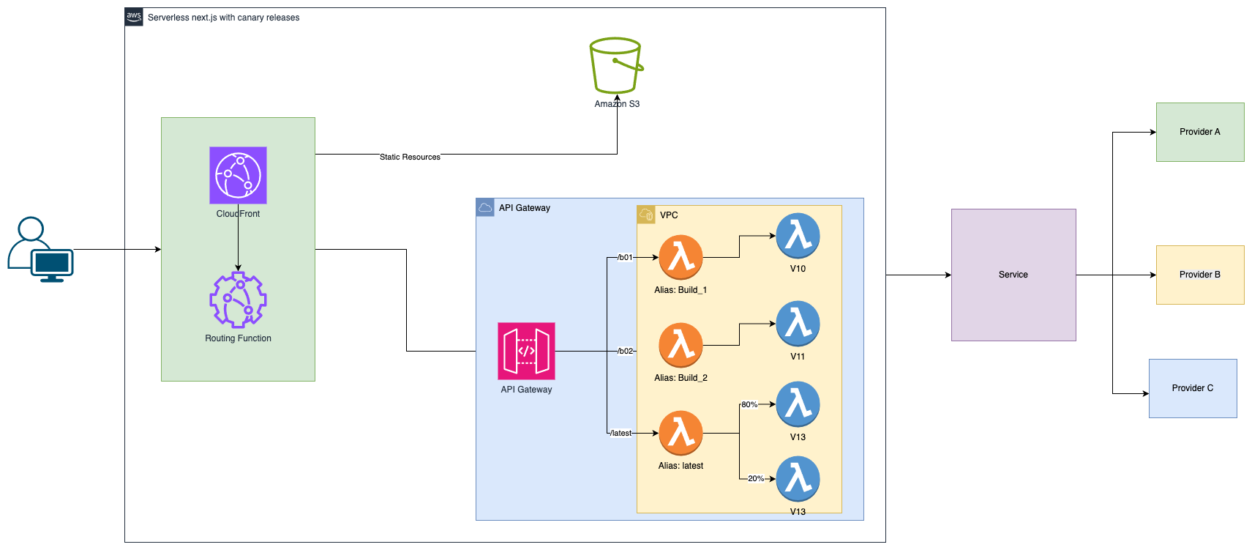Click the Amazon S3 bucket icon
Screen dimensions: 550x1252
616,66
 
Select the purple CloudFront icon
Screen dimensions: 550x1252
238,175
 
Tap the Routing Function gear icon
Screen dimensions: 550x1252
238,300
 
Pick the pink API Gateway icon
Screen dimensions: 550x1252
526,351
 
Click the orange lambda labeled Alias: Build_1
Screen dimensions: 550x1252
681,257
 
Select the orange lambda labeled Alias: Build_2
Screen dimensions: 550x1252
681,345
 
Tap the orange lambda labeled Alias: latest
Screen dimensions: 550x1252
681,433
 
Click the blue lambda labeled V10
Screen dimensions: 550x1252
798,236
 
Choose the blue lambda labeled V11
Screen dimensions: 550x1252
798,324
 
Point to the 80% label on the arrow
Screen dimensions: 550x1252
749,404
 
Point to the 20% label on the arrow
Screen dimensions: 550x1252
756,478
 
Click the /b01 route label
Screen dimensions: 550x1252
624,257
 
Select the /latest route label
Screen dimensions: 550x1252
621,433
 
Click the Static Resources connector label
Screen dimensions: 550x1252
410,157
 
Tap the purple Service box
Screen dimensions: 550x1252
1013,275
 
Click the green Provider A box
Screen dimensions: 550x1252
1200,132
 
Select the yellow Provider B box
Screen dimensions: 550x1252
1200,275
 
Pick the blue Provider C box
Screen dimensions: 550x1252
1193,388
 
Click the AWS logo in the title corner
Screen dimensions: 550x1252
134,17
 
